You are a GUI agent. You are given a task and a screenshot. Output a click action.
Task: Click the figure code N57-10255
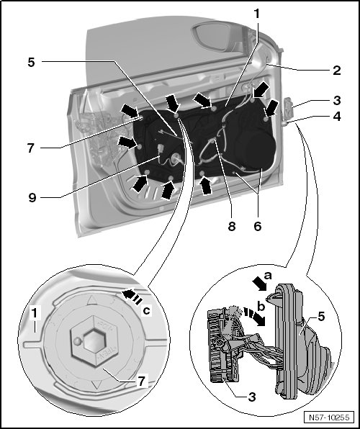[x=329, y=417]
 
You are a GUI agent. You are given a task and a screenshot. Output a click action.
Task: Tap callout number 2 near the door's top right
[x=337, y=71]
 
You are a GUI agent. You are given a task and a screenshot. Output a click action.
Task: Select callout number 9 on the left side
[x=32, y=197]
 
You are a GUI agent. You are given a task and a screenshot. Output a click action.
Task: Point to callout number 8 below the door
[x=232, y=226]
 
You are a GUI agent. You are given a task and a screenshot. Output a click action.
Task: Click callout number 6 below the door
[x=258, y=226]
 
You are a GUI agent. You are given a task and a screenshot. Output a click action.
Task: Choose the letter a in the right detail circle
[x=267, y=276]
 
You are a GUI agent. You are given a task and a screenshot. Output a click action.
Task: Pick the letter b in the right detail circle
[x=261, y=307]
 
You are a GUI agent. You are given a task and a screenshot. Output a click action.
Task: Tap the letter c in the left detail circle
[x=147, y=311]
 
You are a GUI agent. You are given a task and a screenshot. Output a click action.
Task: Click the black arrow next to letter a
[x=258, y=284]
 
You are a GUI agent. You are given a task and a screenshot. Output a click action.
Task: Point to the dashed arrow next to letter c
[x=132, y=297]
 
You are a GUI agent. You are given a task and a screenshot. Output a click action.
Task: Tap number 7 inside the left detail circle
[x=140, y=381]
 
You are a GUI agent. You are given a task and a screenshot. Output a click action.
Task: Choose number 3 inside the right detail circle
[x=251, y=397]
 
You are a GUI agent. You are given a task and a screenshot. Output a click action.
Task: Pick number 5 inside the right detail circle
[x=321, y=317]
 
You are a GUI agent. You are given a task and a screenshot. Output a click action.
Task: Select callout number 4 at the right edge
[x=337, y=117]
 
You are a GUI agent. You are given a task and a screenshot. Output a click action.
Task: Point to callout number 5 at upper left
[x=31, y=63]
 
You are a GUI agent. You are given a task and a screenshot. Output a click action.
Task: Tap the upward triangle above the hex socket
[x=92, y=300]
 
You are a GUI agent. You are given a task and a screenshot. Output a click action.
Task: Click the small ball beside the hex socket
[x=78, y=341]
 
